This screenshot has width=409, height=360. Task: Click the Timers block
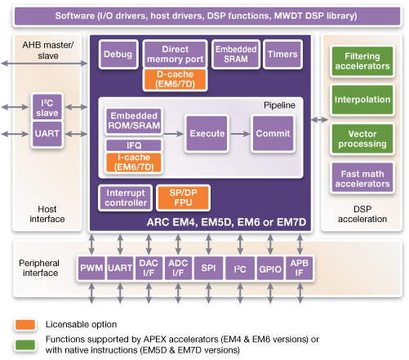282,55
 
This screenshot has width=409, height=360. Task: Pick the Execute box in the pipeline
207,132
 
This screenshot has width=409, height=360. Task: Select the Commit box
273,132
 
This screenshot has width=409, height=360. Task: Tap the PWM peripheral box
90,269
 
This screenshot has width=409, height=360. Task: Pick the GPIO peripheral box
269,269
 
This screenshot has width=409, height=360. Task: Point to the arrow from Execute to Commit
240,132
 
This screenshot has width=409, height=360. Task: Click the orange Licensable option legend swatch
23,324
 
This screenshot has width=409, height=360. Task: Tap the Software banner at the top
203,16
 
